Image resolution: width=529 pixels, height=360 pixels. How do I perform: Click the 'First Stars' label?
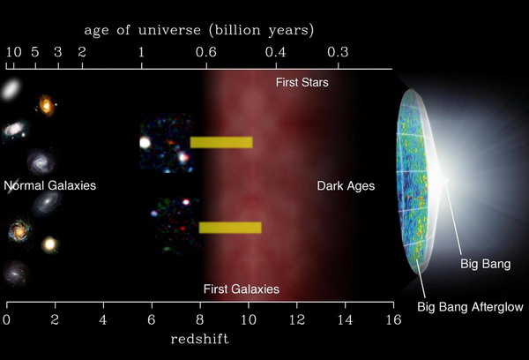302,82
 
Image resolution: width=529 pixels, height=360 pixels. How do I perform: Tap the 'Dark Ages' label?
346,186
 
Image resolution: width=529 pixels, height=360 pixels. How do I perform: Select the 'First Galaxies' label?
242,289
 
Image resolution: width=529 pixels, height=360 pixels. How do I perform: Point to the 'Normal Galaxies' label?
50,185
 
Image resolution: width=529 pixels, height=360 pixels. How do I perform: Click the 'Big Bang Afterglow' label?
470,307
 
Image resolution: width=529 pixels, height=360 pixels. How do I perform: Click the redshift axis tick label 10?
249,319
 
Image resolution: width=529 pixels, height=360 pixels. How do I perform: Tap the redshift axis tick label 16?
393,319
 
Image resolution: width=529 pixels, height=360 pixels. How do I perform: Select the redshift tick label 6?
152,319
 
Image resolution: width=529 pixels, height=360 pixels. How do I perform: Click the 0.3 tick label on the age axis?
338,52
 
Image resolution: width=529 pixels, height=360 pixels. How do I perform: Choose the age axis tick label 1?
141,52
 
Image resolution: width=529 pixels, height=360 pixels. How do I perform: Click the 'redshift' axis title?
200,339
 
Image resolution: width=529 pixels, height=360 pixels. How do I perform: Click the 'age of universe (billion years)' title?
199,30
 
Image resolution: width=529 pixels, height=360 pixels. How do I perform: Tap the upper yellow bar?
221,142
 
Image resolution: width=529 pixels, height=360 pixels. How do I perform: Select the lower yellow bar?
230,228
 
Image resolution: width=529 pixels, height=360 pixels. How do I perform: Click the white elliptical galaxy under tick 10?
11,89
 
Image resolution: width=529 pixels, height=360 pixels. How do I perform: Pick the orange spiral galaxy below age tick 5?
46,105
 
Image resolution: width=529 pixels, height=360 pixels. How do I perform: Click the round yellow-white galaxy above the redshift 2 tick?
49,244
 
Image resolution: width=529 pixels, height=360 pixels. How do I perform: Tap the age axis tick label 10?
13,52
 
